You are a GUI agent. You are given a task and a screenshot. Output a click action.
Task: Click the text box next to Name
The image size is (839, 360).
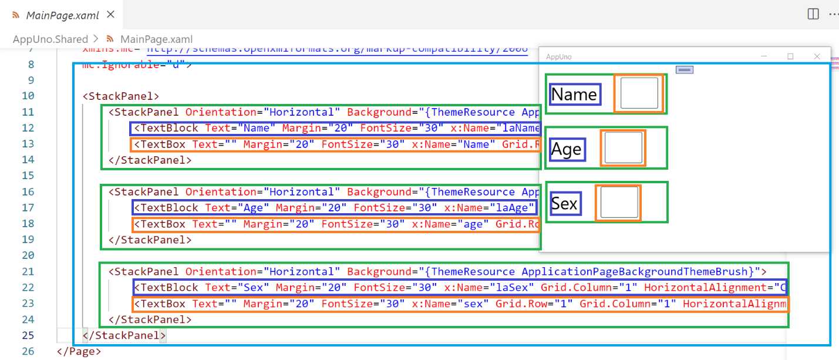click(639, 93)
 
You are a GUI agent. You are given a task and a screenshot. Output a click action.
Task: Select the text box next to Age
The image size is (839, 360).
click(623, 148)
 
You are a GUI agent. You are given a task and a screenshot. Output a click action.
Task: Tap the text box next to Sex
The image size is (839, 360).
click(619, 203)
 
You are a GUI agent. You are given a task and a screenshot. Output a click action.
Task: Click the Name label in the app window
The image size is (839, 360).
click(574, 95)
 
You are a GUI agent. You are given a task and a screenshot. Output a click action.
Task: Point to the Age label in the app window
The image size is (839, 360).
click(566, 150)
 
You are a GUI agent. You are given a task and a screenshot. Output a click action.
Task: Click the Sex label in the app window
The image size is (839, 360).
click(564, 204)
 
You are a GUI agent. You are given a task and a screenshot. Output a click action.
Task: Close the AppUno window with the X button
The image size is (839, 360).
click(817, 56)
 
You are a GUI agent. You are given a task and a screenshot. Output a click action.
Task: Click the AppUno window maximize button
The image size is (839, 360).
click(790, 56)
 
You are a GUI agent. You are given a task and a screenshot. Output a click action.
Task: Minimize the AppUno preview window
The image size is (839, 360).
click(764, 56)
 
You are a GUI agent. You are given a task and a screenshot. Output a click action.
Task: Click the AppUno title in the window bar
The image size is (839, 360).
click(558, 57)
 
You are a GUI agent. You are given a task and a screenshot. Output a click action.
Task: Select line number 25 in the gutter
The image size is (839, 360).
click(28, 335)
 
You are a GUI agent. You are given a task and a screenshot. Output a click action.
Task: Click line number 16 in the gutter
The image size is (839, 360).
click(28, 192)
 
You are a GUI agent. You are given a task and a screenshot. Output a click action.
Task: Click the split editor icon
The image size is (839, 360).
click(813, 15)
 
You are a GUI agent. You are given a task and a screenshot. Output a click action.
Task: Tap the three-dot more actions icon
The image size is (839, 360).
click(833, 15)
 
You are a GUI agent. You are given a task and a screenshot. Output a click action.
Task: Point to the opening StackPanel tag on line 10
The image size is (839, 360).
click(121, 96)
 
